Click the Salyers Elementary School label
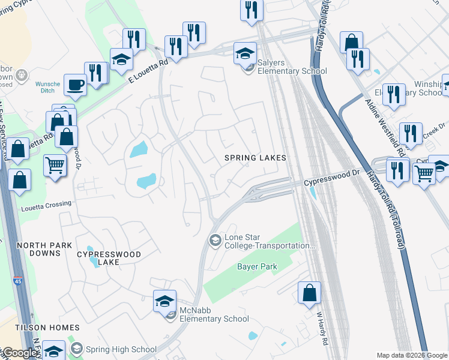pyautogui.click(x=292, y=67)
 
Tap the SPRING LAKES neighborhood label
pyautogui.click(x=255, y=158)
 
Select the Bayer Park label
pyautogui.click(x=256, y=266)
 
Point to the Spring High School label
pyautogui.click(x=121, y=349)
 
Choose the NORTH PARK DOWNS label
pyautogui.click(x=44, y=250)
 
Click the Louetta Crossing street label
pyautogui.click(x=46, y=204)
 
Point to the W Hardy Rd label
pyautogui.click(x=321, y=327)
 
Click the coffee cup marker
pyautogui.click(x=76, y=85)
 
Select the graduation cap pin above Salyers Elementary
pyautogui.click(x=245, y=53)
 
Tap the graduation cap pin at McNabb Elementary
pyautogui.click(x=165, y=301)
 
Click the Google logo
pyautogui.click(x=19, y=353)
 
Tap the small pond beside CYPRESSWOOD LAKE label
pyautogui.click(x=90, y=249)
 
